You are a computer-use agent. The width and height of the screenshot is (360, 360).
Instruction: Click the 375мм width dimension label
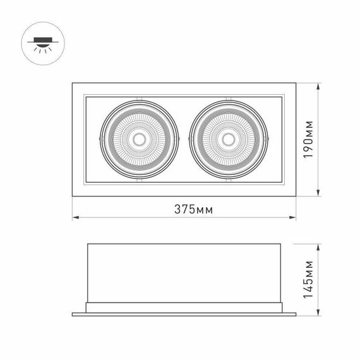[x=183, y=209]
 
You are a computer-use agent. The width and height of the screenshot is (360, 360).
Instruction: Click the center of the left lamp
[x=139, y=139]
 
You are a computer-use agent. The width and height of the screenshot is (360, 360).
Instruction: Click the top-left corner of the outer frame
[x=71, y=82]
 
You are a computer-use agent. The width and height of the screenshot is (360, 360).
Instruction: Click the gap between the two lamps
[x=184, y=139]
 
